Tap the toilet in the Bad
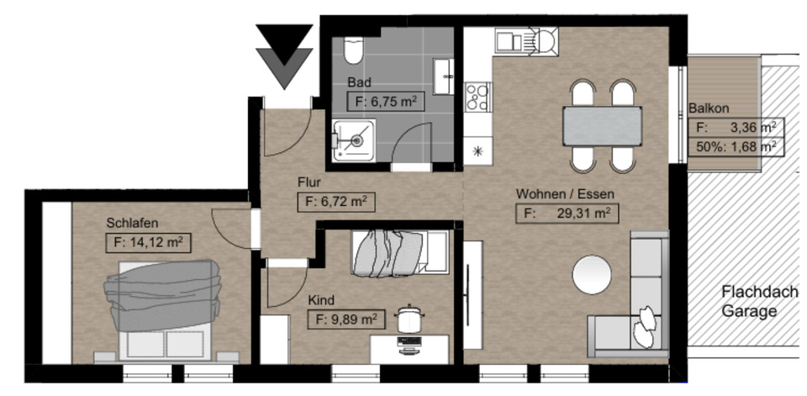[353, 52]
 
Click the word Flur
[310, 181]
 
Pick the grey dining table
[602, 126]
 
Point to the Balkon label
[709, 108]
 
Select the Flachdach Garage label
[748, 302]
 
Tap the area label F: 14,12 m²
[147, 243]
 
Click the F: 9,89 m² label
[346, 319]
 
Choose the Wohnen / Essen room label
[565, 193]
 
